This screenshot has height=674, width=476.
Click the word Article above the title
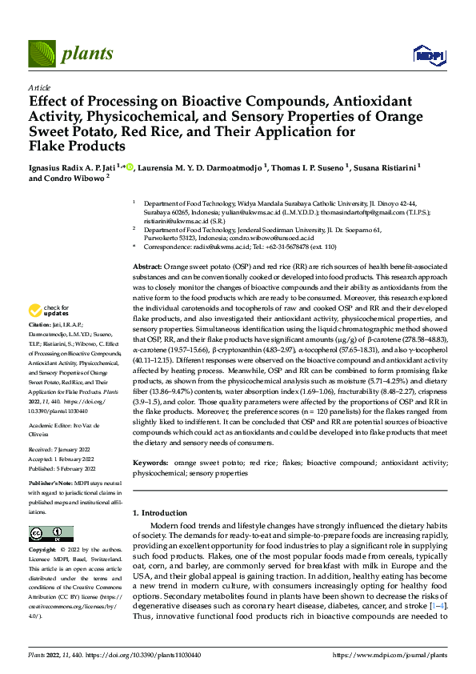click(x=39, y=87)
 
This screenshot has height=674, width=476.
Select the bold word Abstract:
click(x=150, y=266)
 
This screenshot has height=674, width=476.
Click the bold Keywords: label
click(x=153, y=462)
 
